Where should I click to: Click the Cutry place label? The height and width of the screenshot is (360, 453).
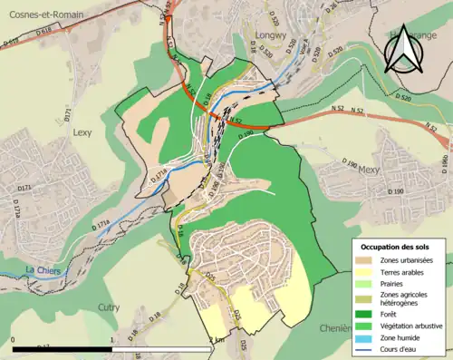(108, 308)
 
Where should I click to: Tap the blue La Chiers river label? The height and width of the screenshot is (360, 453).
(41, 270)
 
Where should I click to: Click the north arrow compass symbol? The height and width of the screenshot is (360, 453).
(402, 49)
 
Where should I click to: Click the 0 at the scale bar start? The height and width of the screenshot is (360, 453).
(14, 340)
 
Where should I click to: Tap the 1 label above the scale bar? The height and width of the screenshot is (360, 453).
(111, 340)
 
